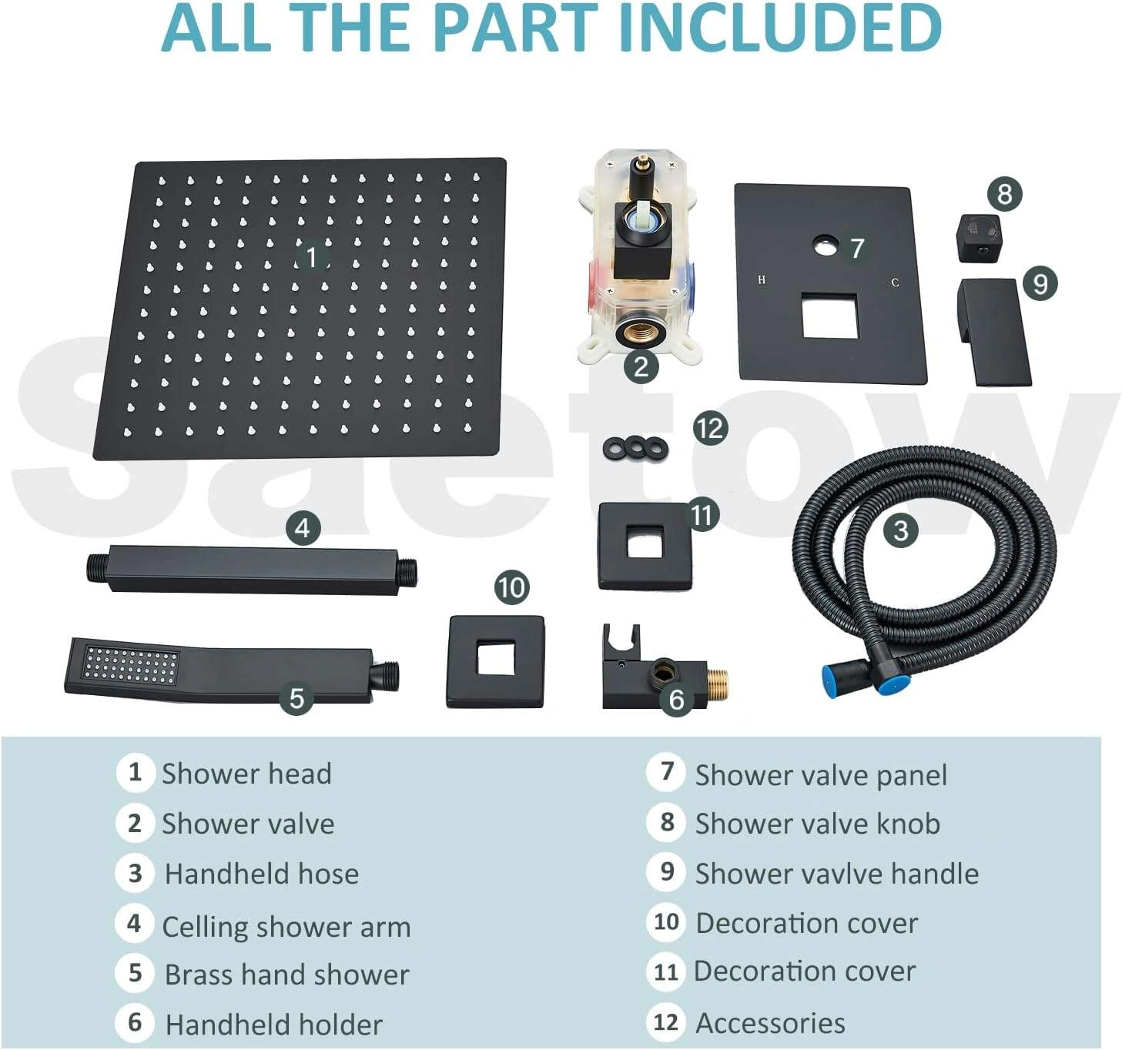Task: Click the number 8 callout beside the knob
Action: (x=1004, y=194)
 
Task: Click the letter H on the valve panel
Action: (x=762, y=279)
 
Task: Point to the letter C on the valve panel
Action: (x=895, y=283)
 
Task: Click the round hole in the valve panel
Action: (x=827, y=245)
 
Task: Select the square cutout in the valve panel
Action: (x=829, y=315)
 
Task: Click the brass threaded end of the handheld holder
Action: (x=717, y=682)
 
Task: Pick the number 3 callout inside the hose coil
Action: (x=900, y=530)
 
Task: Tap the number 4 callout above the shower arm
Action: (x=303, y=528)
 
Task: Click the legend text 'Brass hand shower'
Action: (x=287, y=975)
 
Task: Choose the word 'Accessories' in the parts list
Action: (x=770, y=1023)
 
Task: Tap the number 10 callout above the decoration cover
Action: (x=512, y=587)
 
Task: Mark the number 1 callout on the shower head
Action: (x=311, y=257)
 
